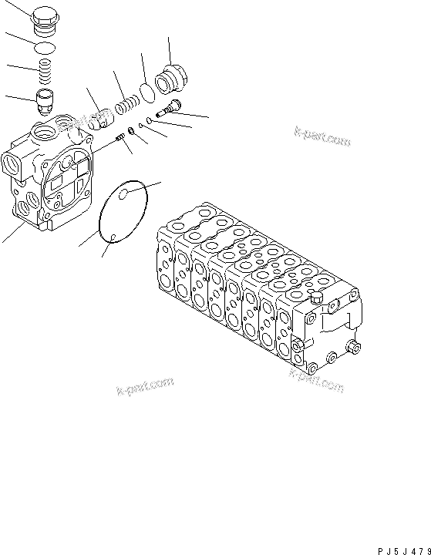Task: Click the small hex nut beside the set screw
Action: click(x=133, y=131)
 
